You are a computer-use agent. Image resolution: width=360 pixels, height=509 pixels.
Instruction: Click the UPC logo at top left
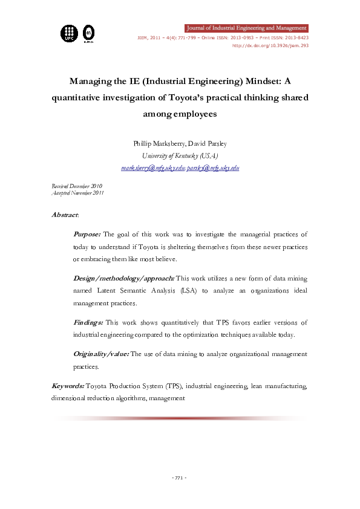69,33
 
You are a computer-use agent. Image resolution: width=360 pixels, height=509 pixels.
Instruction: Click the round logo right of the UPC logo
88,33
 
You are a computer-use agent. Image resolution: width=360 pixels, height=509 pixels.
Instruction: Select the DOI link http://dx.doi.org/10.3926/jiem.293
275,45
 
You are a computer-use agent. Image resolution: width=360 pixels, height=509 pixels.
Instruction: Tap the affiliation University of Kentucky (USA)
180,155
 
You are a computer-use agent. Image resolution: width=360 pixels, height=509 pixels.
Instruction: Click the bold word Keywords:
68,386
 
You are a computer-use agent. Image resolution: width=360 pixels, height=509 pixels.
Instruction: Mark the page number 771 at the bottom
179,478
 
